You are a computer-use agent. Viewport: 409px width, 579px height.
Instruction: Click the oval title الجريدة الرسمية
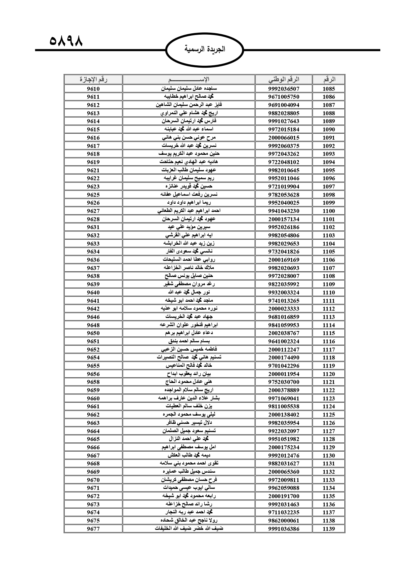click(205, 49)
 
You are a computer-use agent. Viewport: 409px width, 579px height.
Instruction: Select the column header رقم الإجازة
click(93, 80)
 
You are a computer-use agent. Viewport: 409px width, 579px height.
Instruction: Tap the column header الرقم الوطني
click(284, 80)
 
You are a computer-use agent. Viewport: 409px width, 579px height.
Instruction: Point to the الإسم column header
click(189, 80)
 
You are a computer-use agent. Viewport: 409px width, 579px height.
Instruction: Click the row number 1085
click(329, 88)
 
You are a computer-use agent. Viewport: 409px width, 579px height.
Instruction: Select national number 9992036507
click(284, 88)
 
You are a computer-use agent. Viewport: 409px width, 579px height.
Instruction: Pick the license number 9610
click(93, 88)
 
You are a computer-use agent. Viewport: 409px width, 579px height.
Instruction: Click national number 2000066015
click(284, 138)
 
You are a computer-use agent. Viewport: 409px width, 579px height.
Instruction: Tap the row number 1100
click(329, 211)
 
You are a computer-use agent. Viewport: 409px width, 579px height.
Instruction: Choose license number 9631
click(93, 227)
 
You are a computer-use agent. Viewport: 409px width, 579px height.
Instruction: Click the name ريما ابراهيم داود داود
click(189, 203)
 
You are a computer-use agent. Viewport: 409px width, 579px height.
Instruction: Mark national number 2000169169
click(284, 260)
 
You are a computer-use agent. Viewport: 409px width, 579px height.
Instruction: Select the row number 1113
click(329, 317)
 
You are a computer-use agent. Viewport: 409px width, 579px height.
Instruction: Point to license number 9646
click(93, 317)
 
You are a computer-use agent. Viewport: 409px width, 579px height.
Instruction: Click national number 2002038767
click(284, 333)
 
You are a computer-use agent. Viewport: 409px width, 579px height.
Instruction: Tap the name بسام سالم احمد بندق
click(189, 341)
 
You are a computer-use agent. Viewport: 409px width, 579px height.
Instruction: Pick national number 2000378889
click(284, 390)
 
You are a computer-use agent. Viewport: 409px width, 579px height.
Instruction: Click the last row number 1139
click(329, 529)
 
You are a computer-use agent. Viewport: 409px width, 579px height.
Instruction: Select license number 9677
click(93, 529)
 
